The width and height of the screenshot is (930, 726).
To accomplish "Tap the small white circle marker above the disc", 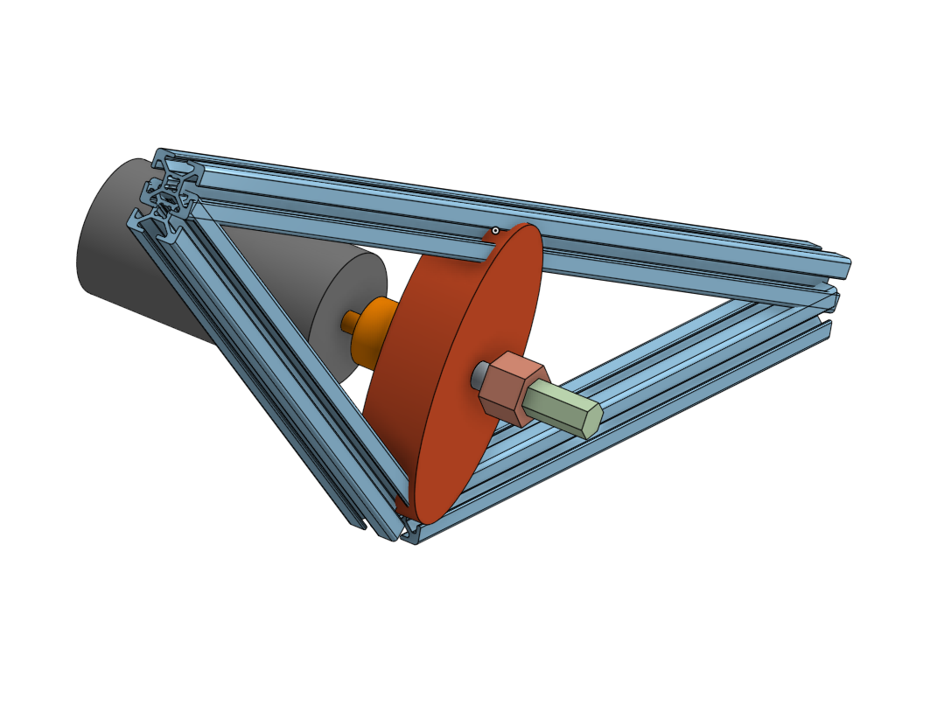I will click(x=495, y=231).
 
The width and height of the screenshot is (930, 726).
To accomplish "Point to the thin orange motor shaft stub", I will click(x=350, y=321).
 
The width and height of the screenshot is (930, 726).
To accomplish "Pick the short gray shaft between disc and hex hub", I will click(x=480, y=377).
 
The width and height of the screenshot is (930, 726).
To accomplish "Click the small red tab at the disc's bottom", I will click(x=402, y=505).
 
